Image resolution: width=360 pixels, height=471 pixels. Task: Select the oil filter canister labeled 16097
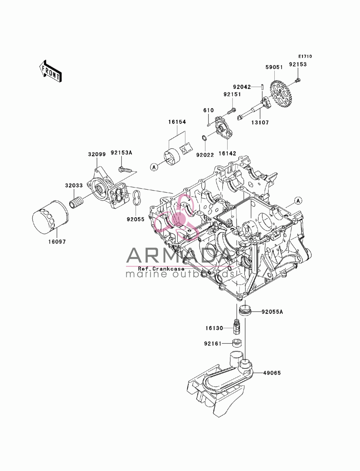(50, 218)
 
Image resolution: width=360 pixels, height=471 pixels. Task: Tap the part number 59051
(274, 67)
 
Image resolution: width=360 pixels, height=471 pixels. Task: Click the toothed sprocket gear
(281, 94)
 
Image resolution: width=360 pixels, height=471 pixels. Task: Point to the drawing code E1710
(305, 56)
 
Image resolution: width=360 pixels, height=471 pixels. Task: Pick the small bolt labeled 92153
(298, 80)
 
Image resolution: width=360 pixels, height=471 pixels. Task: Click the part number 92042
(242, 87)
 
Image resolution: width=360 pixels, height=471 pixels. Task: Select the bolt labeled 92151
(232, 111)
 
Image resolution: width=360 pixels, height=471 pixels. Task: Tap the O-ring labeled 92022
(204, 138)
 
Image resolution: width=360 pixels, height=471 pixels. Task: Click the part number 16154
(177, 122)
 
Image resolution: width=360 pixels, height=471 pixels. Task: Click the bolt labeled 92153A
(125, 169)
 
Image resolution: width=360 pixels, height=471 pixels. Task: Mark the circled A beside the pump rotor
(154, 167)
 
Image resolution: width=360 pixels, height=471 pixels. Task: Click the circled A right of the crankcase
(298, 201)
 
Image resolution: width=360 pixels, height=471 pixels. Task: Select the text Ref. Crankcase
(161, 269)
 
